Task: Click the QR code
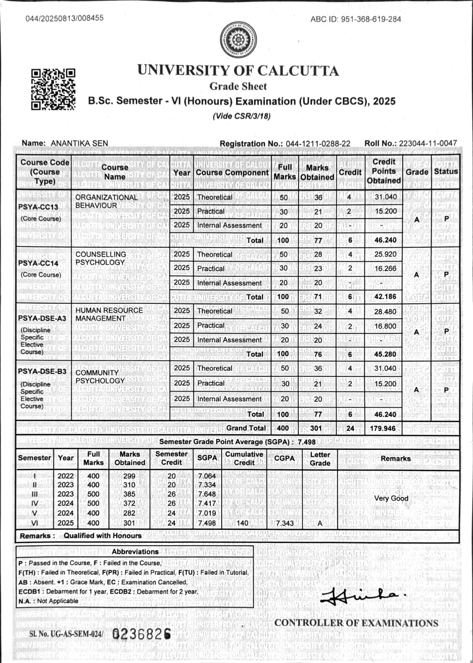tap(53, 89)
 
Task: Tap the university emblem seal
tap(238, 39)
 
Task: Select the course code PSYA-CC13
tap(38, 206)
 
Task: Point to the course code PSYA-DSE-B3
tap(42, 371)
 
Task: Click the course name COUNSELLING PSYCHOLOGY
tap(101, 258)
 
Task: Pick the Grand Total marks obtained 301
tap(316, 428)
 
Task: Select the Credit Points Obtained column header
tap(384, 171)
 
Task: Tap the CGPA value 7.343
tap(285, 523)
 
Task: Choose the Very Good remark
tap(391, 498)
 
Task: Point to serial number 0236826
tap(142, 634)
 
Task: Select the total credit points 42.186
tap(385, 297)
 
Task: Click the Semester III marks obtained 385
tap(129, 494)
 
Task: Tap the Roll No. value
tap(428, 143)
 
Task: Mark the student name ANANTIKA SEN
tap(79, 143)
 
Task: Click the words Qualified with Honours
tap(102, 536)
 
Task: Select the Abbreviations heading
tap(135, 552)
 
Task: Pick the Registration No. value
tap(318, 143)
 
